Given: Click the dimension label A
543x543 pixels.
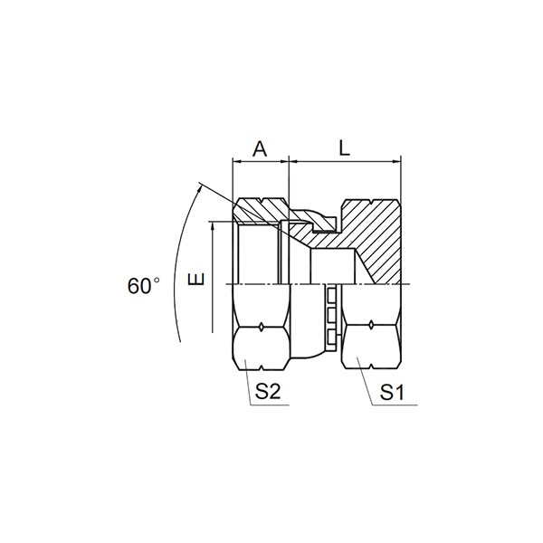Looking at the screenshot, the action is [x=260, y=149].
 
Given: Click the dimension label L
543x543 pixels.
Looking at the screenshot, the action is [x=344, y=149].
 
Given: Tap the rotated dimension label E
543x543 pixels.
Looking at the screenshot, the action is [x=196, y=279].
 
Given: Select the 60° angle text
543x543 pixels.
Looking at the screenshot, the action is [x=143, y=286].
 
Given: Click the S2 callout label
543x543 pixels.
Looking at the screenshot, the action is [x=267, y=392].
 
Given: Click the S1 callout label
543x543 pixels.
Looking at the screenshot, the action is [x=392, y=393].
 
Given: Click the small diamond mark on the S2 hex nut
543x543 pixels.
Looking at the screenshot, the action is [x=262, y=326].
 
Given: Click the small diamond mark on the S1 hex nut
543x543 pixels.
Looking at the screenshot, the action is [x=371, y=325].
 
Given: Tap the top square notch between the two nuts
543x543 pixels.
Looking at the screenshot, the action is [x=331, y=294].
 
